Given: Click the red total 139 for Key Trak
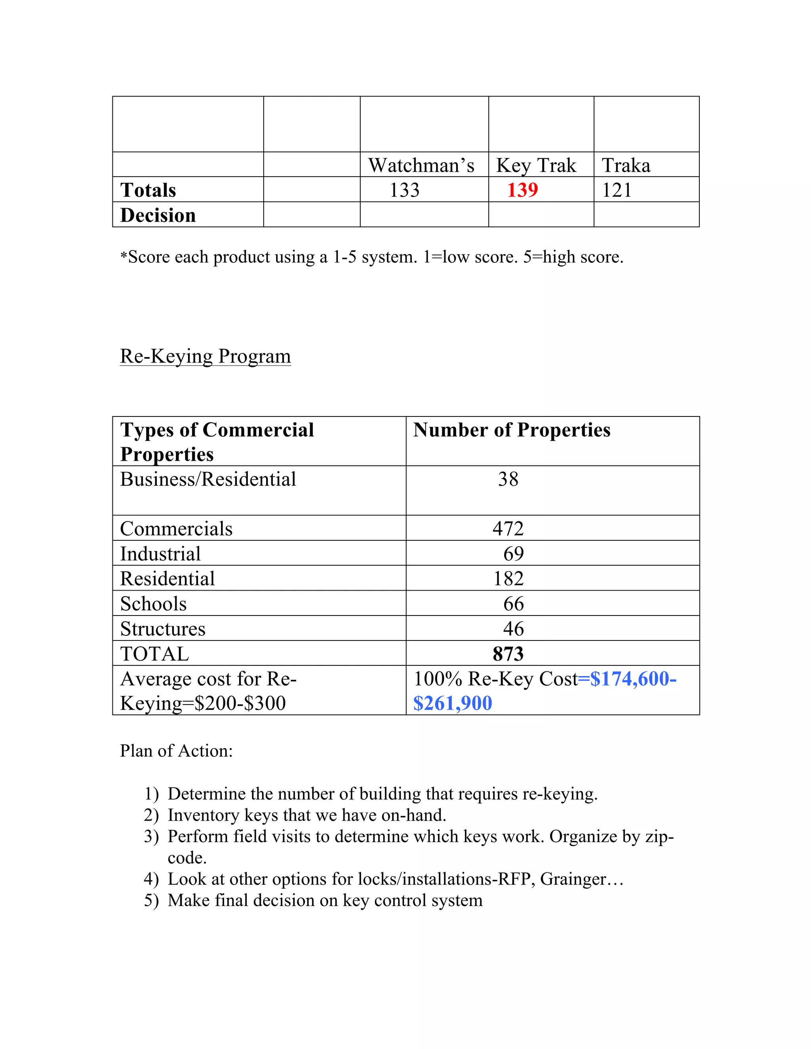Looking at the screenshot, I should coord(522,190).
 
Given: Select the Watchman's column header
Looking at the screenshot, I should coord(421,165).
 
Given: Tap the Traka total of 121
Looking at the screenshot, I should coord(617,190).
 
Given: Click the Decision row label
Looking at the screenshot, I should coord(158,215).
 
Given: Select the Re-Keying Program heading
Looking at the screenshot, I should coord(205,356).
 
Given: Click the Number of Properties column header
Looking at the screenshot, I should coord(511,430).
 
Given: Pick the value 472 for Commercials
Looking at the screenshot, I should coord(508,529).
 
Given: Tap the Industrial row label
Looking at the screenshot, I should coord(160,554).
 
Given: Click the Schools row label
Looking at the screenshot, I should coord(153,604).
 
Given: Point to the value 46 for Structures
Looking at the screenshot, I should coord(513,629).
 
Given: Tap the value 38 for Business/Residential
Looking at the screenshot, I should coord(508,479).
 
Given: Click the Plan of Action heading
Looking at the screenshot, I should coord(176,751).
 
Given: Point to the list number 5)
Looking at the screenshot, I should coord(151,900).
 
